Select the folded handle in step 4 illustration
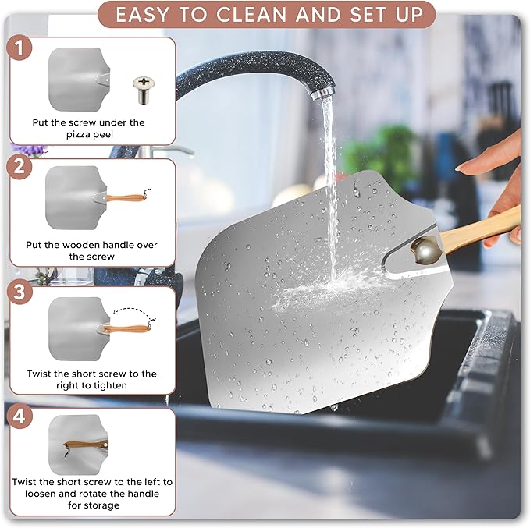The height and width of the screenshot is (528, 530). point(86,445)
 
